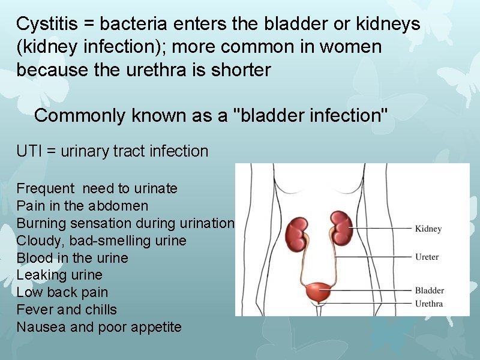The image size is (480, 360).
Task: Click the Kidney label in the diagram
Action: [428, 229]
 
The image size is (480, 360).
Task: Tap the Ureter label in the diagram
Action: [427, 257]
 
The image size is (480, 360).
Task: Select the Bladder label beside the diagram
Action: [430, 291]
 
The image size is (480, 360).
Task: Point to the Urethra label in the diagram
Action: [429, 304]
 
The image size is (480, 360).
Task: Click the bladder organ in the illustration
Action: [318, 293]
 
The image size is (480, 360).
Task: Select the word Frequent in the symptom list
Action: [45, 189]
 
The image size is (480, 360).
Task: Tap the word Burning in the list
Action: [41, 224]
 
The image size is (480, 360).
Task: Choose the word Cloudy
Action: [37, 241]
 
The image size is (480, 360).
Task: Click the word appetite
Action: [154, 328]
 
